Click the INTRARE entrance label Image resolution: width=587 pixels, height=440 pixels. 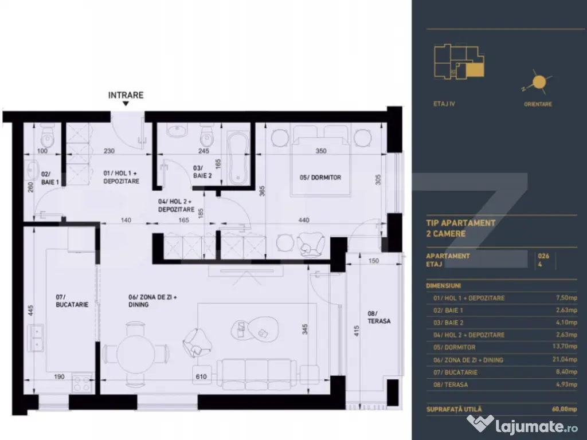[126, 95]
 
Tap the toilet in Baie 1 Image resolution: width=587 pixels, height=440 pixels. [47, 136]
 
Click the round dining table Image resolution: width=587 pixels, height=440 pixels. [135, 353]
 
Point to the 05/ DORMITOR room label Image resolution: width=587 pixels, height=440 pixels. [320, 178]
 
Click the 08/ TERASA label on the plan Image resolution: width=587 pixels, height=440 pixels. [379, 317]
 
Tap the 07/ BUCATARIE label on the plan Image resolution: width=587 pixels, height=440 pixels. [72, 301]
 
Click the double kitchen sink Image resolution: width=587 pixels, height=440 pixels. [36, 337]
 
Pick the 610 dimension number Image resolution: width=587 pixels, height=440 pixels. [201, 376]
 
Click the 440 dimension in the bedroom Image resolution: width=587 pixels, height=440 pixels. [304, 220]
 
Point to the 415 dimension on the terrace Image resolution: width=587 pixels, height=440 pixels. [357, 331]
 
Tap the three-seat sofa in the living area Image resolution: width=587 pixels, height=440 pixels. [257, 375]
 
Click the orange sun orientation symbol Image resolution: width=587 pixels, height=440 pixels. [539, 81]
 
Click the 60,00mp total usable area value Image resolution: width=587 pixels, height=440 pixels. [564, 409]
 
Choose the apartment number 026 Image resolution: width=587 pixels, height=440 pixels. [543, 256]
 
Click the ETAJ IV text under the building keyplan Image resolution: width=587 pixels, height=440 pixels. [444, 104]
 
